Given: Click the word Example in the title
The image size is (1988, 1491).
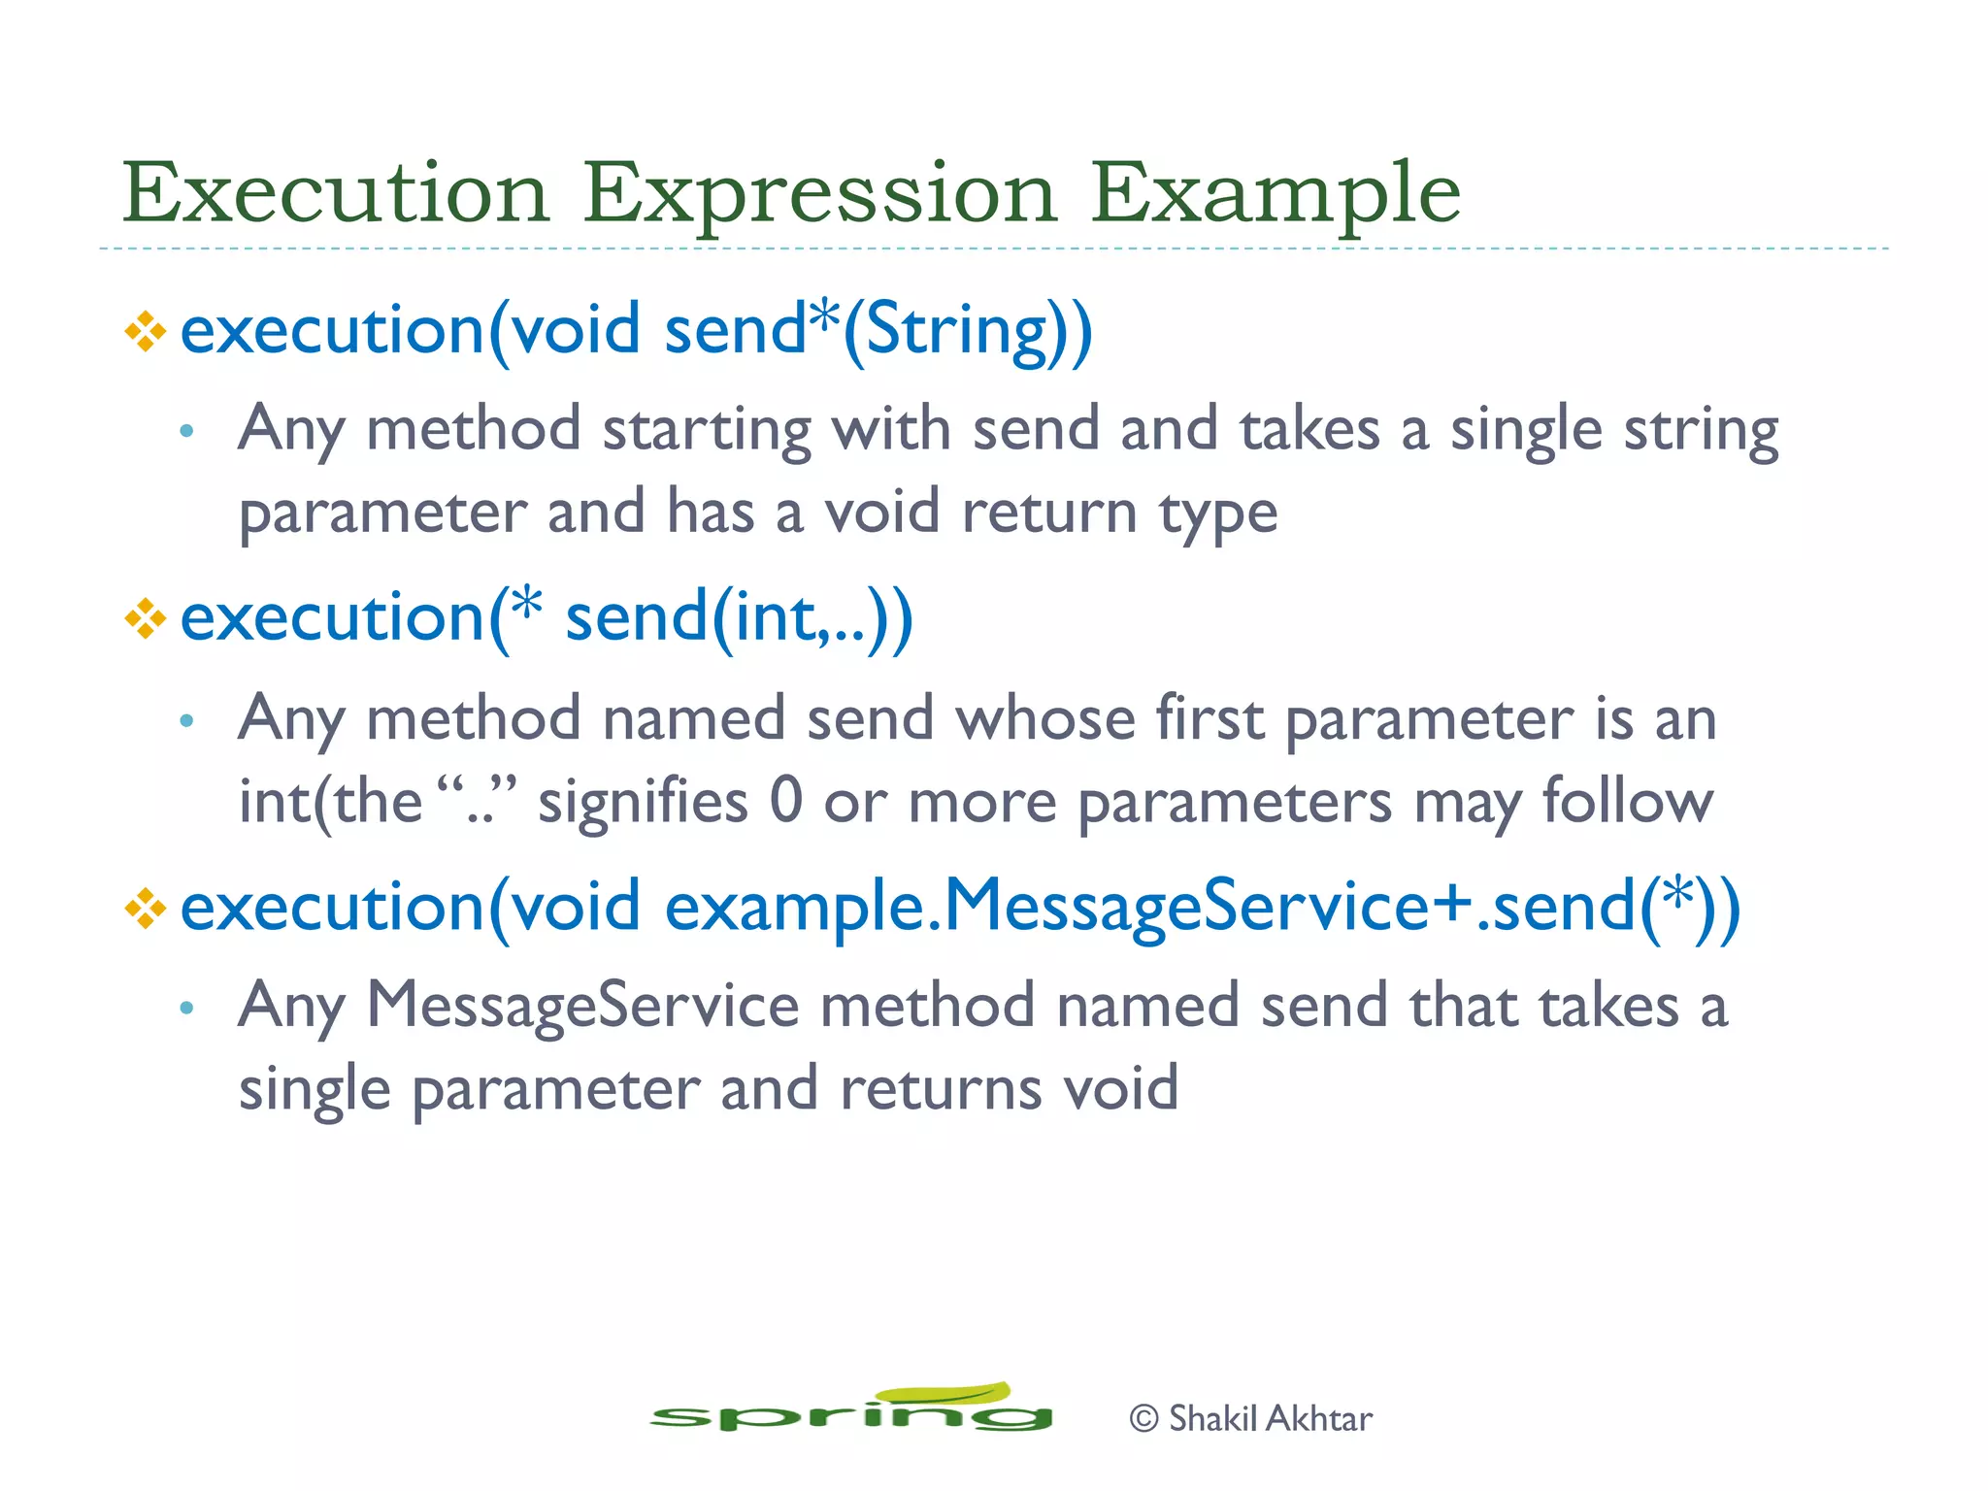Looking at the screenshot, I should click(1275, 194).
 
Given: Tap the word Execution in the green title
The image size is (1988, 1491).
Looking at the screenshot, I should click(335, 192).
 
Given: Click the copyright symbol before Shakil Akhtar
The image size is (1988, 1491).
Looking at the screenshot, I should click(1143, 1419).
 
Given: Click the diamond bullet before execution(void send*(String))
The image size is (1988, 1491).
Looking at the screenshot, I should click(146, 332).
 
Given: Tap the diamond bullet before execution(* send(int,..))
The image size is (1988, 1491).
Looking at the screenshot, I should click(146, 619).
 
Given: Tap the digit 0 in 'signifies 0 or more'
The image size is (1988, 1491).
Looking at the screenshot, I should click(785, 802).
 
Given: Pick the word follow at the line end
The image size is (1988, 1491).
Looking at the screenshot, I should click(1627, 802).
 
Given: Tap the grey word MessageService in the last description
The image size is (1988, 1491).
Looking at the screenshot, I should click(582, 1006).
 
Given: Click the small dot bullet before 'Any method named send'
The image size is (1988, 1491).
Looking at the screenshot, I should click(187, 720).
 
